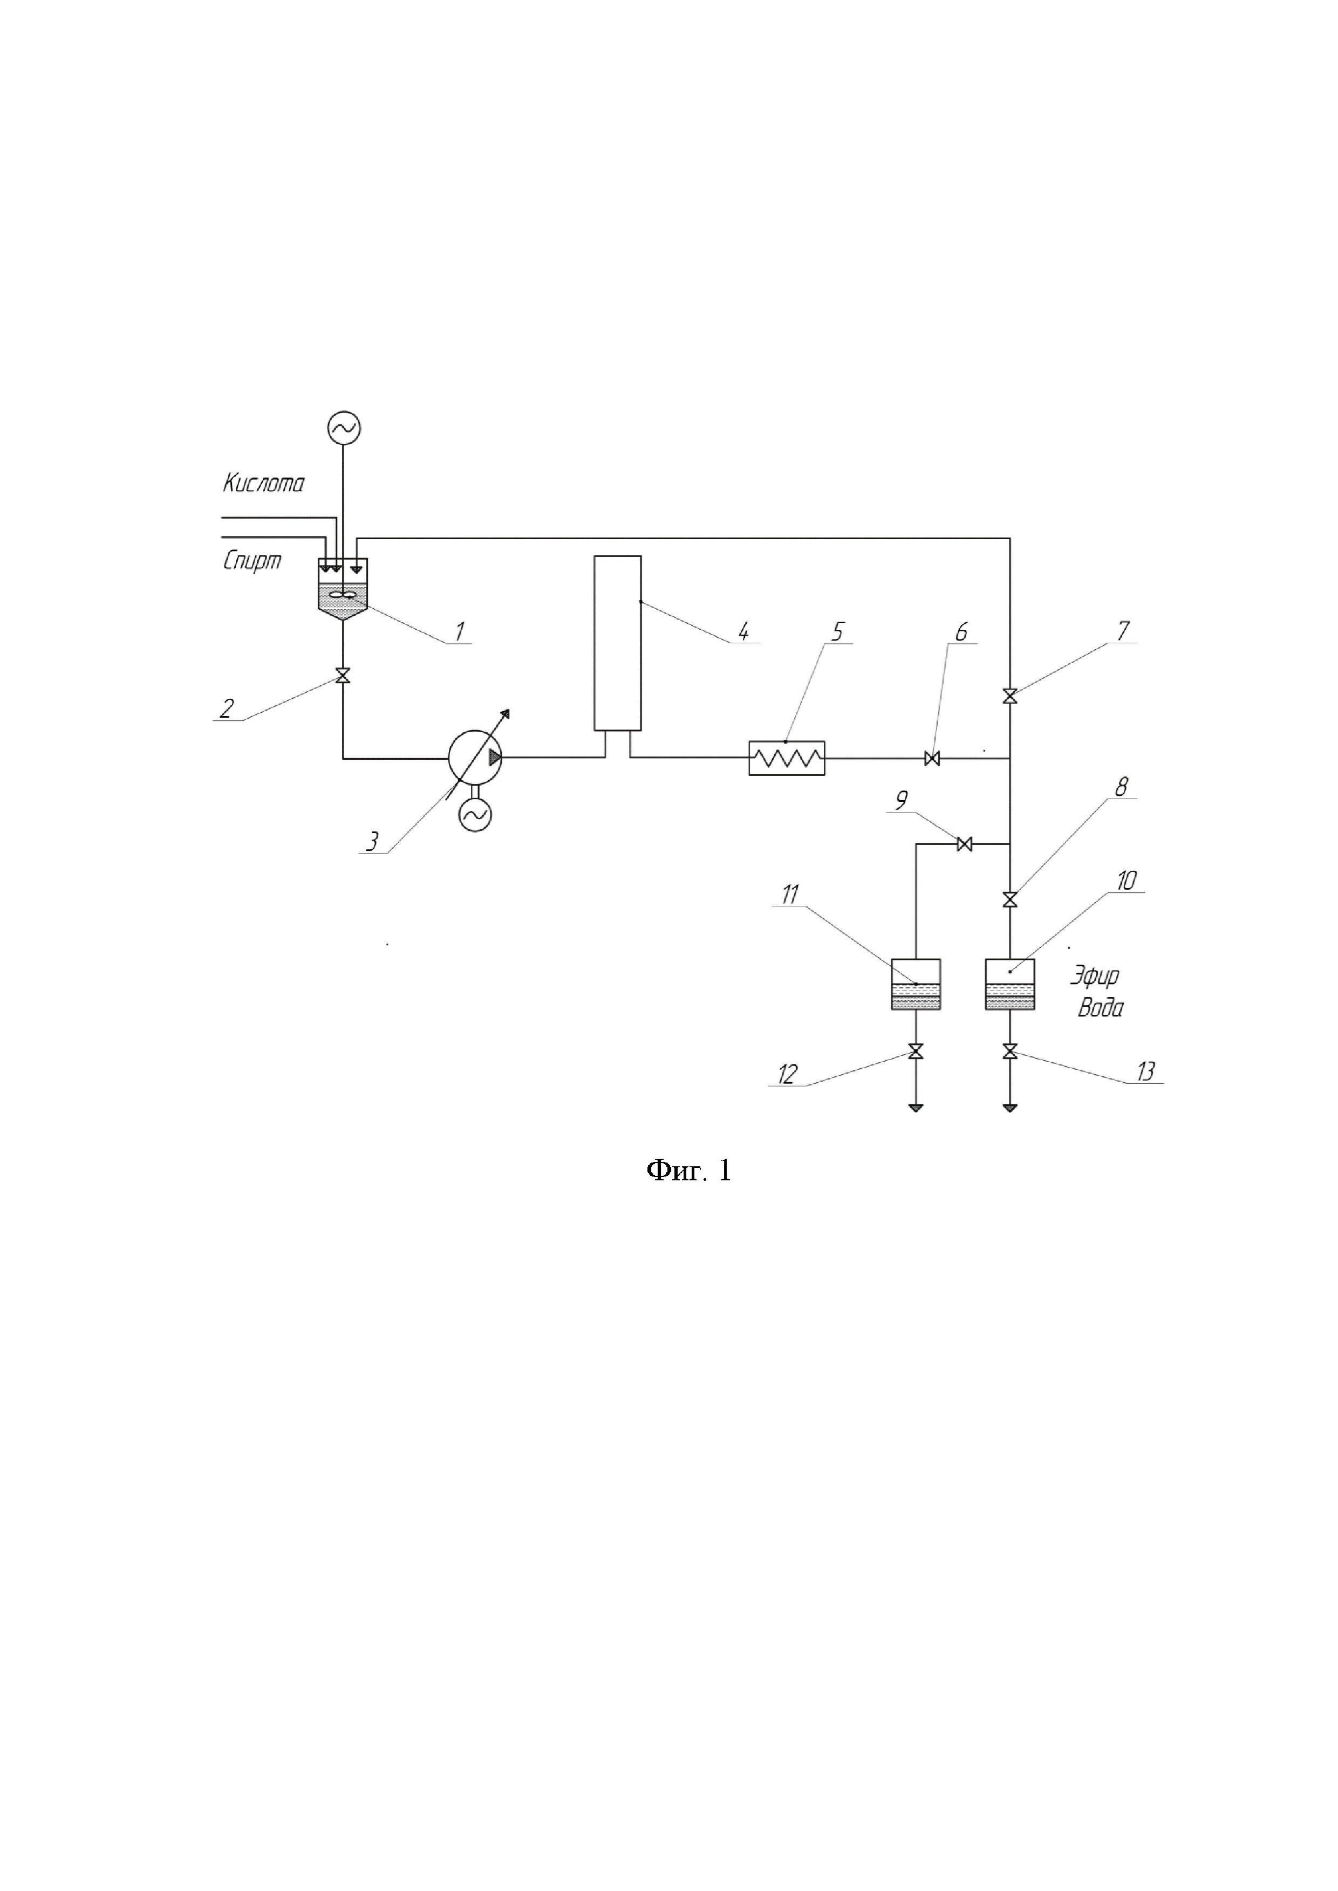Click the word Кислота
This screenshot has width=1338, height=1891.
[263, 484]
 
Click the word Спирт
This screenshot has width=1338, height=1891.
[252, 561]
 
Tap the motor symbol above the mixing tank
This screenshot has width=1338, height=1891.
[344, 428]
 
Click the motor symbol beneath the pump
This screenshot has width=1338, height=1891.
[475, 815]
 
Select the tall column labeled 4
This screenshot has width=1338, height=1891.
[617, 642]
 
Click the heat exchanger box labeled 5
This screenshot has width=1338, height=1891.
[786, 758]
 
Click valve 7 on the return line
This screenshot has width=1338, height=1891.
[1010, 697]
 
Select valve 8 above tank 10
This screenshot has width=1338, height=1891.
[1010, 900]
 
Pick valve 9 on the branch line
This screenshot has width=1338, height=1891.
[965, 844]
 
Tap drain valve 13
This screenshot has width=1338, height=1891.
[1010, 1052]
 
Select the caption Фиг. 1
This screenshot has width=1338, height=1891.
[688, 1170]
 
